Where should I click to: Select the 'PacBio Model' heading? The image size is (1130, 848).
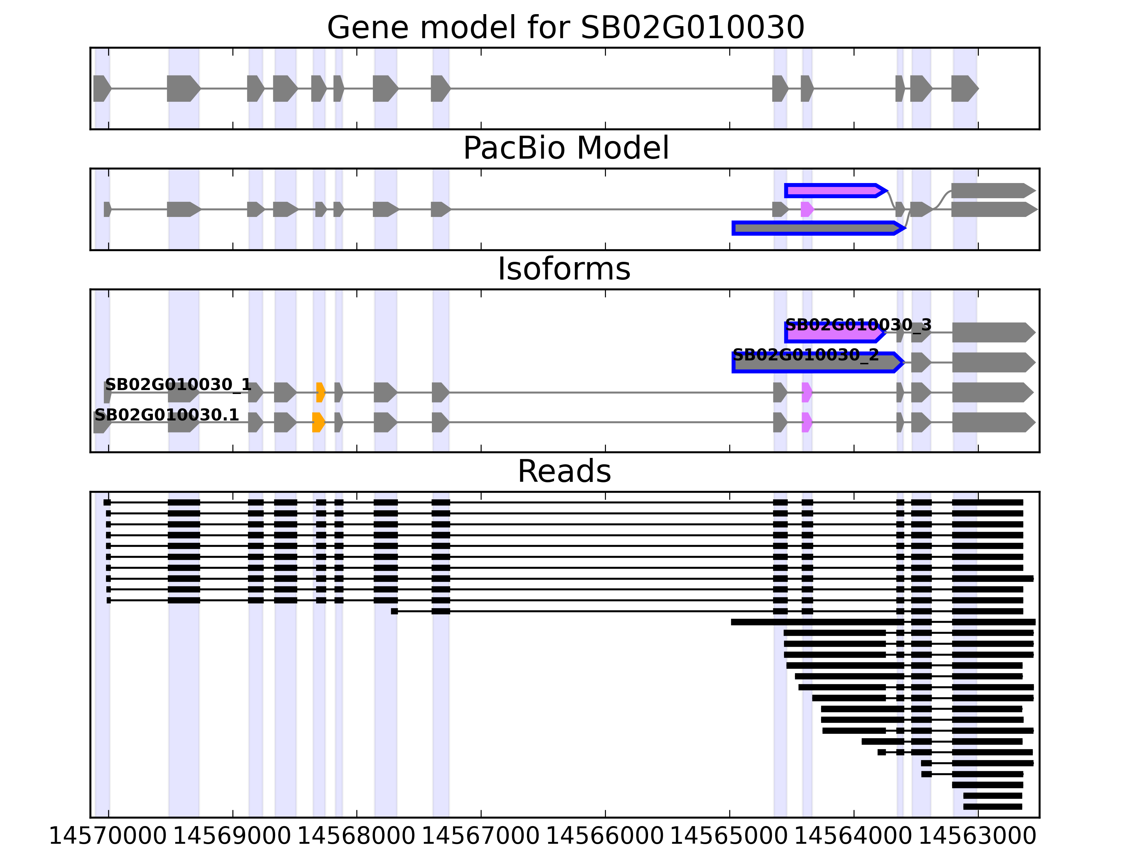point(565,148)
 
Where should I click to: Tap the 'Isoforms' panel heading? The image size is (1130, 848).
point(564,269)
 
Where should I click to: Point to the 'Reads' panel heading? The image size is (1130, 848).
point(564,471)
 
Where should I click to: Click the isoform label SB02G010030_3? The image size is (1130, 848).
point(858,325)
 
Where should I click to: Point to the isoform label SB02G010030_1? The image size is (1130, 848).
point(178,384)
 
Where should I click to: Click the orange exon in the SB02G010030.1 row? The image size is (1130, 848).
point(318,422)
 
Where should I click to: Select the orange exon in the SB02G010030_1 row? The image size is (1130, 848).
point(320,392)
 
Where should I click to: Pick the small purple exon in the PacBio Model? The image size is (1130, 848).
point(807,209)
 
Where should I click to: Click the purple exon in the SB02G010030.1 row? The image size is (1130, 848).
point(807,422)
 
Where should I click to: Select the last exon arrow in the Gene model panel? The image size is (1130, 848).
point(964,88)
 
